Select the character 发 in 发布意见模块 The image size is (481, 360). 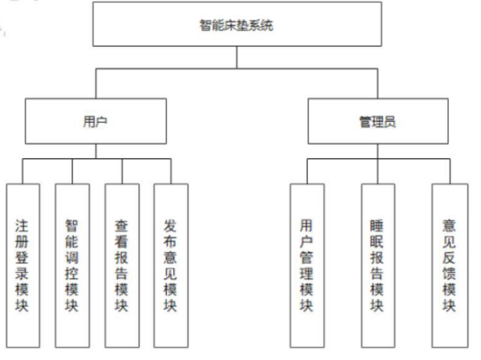click(170, 225)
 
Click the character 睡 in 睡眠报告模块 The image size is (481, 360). click(376, 225)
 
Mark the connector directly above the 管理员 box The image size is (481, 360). click(375, 87)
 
